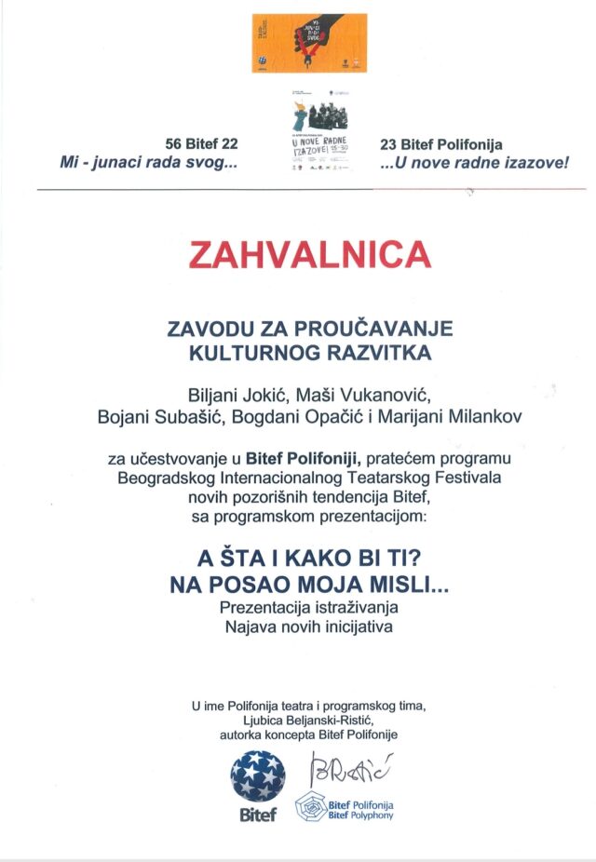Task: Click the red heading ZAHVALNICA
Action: [x=310, y=255]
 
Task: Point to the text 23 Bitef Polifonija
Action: [x=441, y=144]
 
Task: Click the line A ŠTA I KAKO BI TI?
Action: [x=309, y=559]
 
